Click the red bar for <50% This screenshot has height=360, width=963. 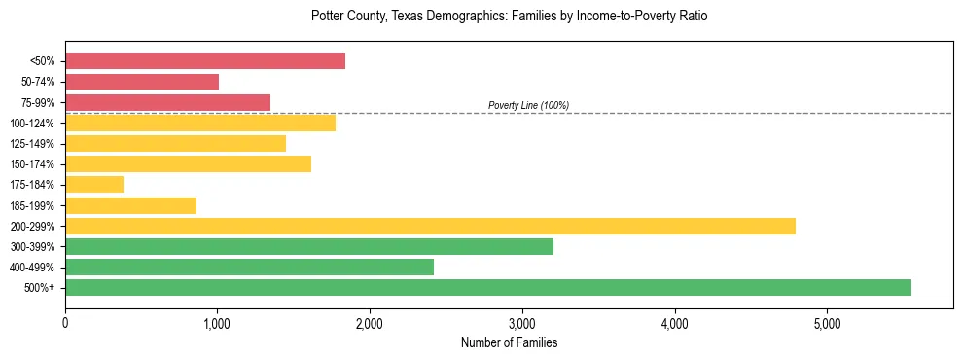tap(205, 61)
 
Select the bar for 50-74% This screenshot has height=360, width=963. tap(142, 82)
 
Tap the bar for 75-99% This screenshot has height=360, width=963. tap(167, 102)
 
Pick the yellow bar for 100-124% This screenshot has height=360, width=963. tap(200, 123)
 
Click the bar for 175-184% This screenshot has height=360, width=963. tap(94, 185)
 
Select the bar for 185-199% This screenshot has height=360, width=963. tap(130, 205)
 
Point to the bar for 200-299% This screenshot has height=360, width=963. tap(430, 226)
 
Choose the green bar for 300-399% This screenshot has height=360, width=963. tap(309, 247)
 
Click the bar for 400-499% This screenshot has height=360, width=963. tap(249, 268)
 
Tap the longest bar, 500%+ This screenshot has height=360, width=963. tap(488, 288)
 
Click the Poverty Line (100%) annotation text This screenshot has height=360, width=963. tap(528, 105)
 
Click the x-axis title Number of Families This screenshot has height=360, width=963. tap(509, 342)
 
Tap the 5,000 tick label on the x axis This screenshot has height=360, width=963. tap(827, 322)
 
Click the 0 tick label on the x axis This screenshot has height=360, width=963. tap(65, 322)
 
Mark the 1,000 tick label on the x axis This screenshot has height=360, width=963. tap(217, 322)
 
